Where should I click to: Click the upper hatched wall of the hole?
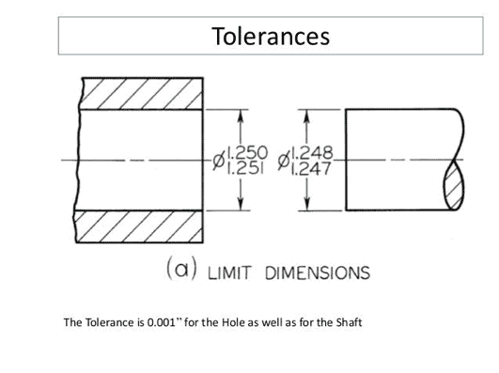(141, 91)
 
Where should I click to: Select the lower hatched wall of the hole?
(141, 227)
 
